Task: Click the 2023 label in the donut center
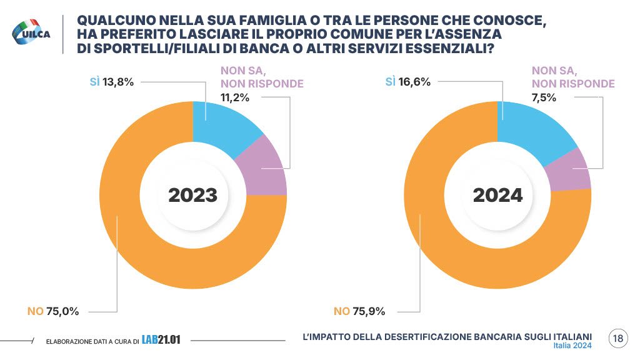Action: coord(192,195)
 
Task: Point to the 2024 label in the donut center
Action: coord(497,195)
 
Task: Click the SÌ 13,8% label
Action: coord(112,82)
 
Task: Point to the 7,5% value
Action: coord(544,97)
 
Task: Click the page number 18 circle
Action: coord(617,339)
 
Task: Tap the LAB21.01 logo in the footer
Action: coord(161,339)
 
